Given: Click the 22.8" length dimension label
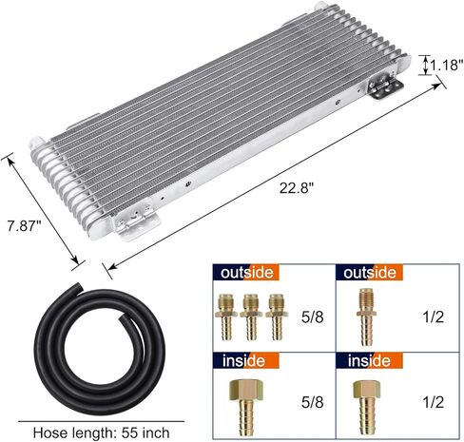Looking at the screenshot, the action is click(296, 188).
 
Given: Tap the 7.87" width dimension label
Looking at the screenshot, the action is click(25, 226).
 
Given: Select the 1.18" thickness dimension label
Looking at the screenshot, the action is click(446, 65).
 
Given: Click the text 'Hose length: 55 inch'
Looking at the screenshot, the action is click(101, 432).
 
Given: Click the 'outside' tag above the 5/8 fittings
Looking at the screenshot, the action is click(246, 273).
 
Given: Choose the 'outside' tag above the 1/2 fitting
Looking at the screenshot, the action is click(369, 273).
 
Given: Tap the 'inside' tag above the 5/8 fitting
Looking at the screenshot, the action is click(246, 360).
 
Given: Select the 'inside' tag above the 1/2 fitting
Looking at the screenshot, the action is click(369, 360).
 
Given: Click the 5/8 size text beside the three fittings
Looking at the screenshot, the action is click(313, 317).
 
